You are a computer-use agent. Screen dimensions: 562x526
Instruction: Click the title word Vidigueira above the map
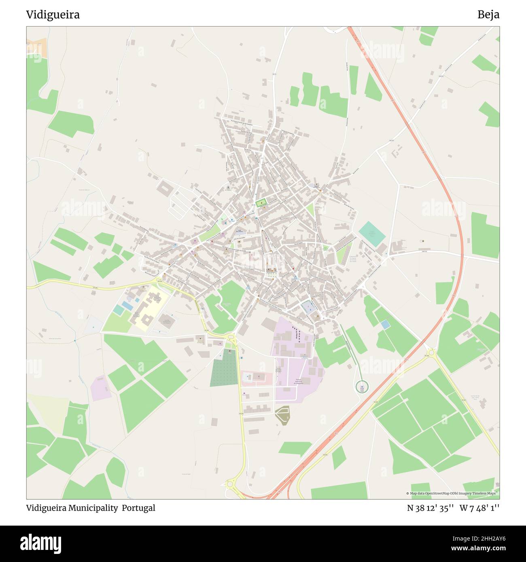[53, 15]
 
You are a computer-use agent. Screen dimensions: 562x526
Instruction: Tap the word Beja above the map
[488, 15]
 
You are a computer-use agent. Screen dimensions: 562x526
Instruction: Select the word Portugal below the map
[140, 508]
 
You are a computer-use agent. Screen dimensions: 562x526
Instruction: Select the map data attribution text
[452, 493]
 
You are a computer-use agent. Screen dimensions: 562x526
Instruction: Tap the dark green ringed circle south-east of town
[362, 387]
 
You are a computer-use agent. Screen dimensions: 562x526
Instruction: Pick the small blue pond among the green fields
[386, 324]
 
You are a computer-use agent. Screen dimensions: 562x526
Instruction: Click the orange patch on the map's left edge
[37, 48]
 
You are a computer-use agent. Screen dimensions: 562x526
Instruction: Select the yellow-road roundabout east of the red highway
[431, 352]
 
